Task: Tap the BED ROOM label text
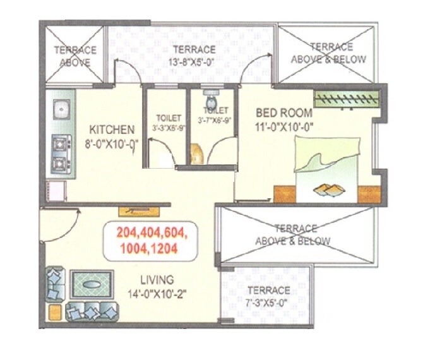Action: (x=284, y=113)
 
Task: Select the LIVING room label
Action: (x=157, y=280)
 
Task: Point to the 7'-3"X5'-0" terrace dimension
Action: (x=268, y=304)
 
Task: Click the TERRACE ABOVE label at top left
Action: (x=75, y=56)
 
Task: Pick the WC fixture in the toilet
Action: (x=210, y=100)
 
